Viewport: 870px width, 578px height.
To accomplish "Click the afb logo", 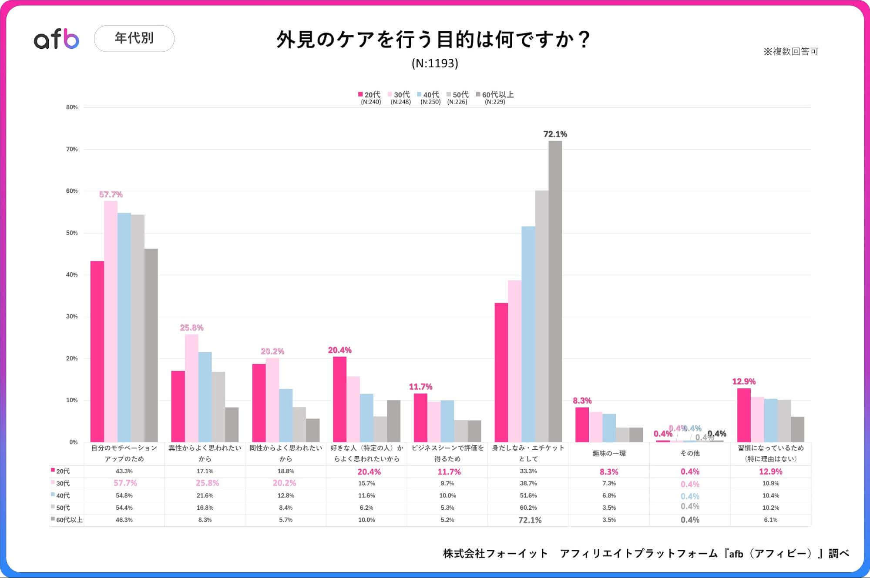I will click(x=57, y=40).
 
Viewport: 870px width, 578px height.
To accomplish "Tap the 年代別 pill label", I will click(x=134, y=38).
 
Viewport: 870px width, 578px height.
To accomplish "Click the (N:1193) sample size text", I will click(x=435, y=63).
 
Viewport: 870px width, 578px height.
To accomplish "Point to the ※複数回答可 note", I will click(x=791, y=51).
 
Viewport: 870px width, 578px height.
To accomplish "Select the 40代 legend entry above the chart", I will click(x=429, y=94).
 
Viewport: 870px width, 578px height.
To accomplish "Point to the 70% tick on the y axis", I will click(x=72, y=149).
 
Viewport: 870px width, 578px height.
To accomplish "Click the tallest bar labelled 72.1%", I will click(x=555, y=291).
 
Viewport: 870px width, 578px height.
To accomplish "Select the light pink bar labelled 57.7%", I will click(x=111, y=322).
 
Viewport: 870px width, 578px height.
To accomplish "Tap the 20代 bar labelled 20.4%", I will click(x=339, y=399).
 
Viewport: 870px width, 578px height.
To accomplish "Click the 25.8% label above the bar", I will click(x=191, y=327).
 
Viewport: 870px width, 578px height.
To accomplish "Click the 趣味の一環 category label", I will click(x=609, y=453).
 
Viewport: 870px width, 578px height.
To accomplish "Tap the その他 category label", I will click(x=690, y=453).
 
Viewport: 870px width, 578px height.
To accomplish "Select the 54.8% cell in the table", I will click(x=124, y=495).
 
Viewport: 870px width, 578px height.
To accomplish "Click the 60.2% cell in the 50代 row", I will click(x=528, y=508).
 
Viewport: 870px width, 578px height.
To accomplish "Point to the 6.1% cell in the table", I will click(x=770, y=520).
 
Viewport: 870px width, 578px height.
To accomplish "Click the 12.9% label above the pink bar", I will click(x=744, y=381).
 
